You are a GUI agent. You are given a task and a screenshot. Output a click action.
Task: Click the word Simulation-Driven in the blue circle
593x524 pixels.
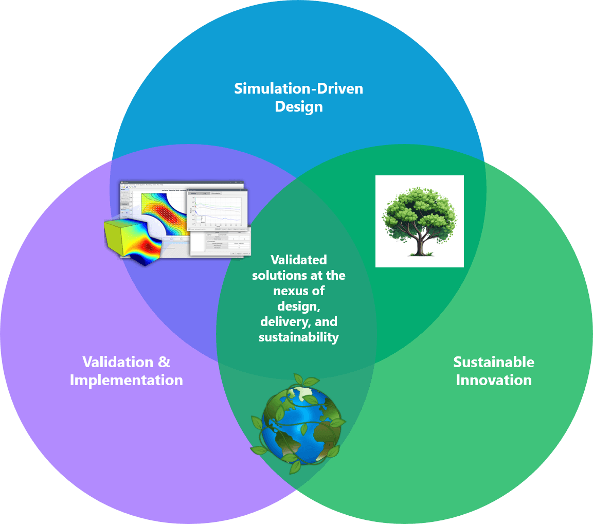click(298, 88)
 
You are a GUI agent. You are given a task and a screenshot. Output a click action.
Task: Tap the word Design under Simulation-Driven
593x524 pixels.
click(298, 107)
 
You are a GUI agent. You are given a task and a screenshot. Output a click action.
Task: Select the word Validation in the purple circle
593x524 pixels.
click(118, 362)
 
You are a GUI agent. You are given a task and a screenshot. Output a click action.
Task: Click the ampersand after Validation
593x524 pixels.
click(164, 362)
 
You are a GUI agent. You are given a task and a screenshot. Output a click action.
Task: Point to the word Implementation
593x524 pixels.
click(126, 380)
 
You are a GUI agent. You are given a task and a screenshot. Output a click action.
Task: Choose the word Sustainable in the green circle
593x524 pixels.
click(494, 362)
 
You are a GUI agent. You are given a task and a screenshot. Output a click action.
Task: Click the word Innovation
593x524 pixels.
click(494, 380)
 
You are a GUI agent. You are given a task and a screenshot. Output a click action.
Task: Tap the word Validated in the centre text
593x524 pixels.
click(298, 260)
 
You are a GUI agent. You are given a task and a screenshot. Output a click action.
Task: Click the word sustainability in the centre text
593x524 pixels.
click(298, 337)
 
